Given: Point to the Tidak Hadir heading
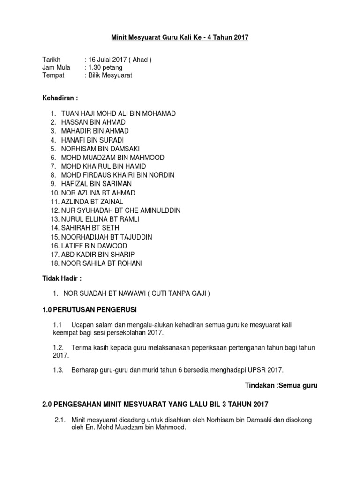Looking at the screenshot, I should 62,278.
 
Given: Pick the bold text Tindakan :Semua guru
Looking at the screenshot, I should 281,385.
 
